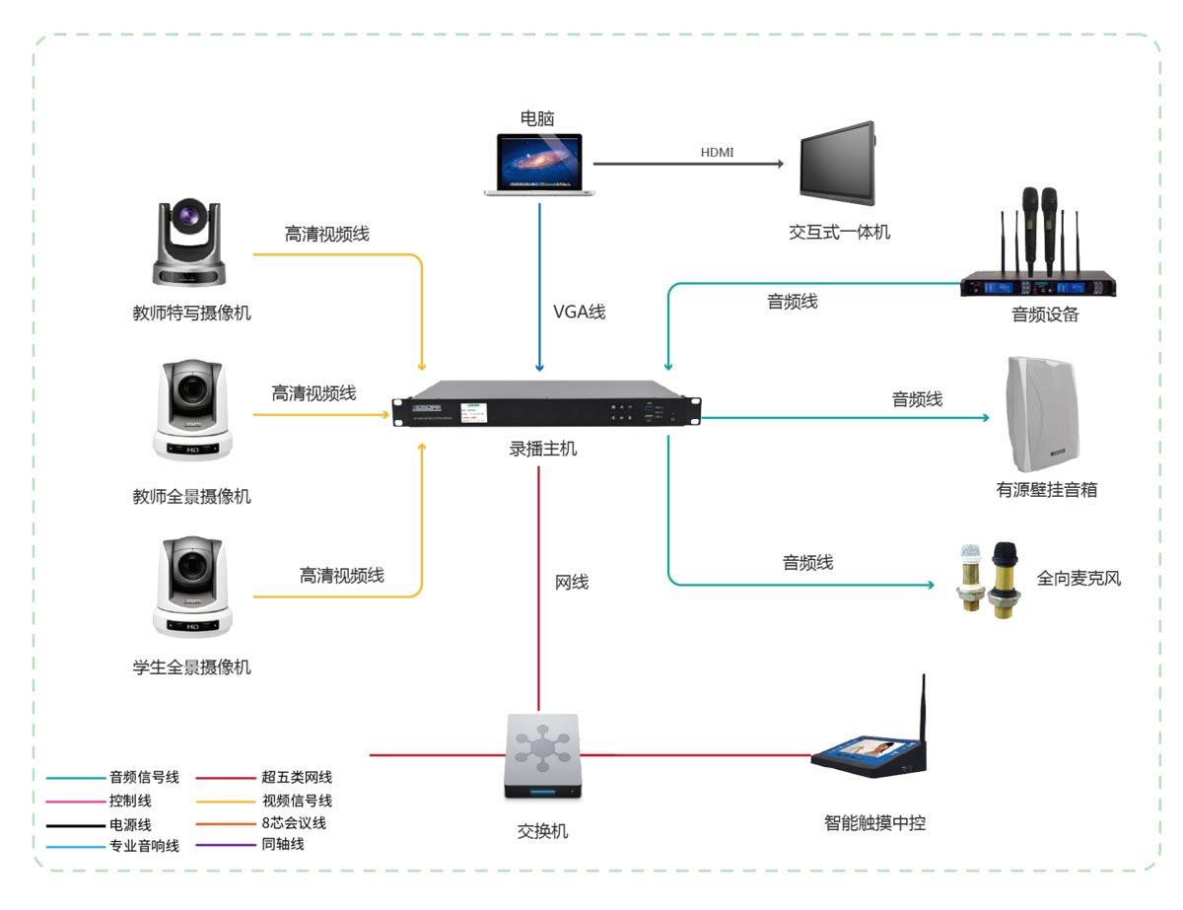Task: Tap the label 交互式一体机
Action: click(840, 232)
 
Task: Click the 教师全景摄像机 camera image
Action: click(194, 411)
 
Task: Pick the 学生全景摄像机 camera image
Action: click(194, 587)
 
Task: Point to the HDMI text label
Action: click(717, 152)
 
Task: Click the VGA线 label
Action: click(579, 312)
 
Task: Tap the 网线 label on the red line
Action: click(572, 582)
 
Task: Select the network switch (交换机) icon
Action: click(542, 756)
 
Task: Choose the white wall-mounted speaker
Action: click(1040, 416)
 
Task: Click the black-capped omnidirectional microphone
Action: click(1006, 578)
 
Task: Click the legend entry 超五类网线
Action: click(297, 777)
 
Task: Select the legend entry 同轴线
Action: click(283, 844)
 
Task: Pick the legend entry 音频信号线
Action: click(144, 777)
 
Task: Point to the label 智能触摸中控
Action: click(875, 822)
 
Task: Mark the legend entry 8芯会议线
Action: click(293, 822)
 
